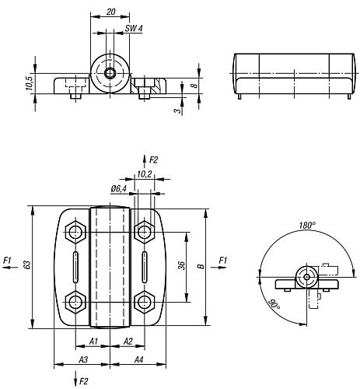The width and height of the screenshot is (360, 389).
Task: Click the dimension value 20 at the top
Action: coord(110,12)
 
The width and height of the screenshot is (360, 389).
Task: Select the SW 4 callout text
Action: coord(134,28)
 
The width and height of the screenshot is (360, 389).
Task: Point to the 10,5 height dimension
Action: coord(29,83)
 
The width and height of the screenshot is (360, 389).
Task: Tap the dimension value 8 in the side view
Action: coord(195,85)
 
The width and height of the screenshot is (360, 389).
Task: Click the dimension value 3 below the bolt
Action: coord(177,110)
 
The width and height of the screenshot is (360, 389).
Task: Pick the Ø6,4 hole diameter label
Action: coord(118,189)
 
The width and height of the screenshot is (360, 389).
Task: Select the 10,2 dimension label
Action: coord(144,174)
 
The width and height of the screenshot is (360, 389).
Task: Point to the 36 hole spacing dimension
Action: coord(182,265)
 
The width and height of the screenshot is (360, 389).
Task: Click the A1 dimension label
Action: coord(93,342)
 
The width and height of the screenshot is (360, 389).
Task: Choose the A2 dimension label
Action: coord(128,342)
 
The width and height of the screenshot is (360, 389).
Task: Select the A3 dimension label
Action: coord(83,359)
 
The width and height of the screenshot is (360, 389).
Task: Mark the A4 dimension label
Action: coord(138,359)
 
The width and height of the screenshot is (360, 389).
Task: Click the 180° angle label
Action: coord(307,226)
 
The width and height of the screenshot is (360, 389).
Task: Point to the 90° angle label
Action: coord(274,304)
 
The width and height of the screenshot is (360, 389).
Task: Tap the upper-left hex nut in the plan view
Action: coord(75,232)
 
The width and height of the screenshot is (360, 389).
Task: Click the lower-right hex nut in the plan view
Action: coord(145,302)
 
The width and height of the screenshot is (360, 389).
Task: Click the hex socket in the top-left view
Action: coord(110,73)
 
